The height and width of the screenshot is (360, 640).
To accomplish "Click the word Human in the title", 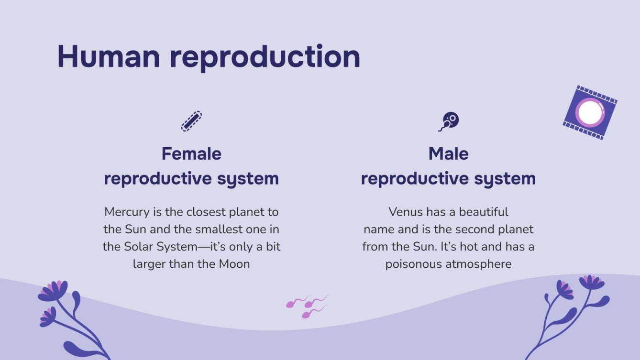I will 109,56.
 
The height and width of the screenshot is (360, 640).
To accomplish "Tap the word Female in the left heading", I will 191,154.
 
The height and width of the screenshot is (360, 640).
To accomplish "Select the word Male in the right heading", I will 448,154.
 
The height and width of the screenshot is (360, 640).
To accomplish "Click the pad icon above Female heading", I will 191,121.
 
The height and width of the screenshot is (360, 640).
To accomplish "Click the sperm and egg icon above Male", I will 449,121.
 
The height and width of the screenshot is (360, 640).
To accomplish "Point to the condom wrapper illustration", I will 590,112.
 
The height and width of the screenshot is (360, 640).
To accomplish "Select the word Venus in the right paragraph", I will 404,212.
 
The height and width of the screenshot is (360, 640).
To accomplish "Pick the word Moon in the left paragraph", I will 234,264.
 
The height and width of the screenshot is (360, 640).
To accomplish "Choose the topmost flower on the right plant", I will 592,282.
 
